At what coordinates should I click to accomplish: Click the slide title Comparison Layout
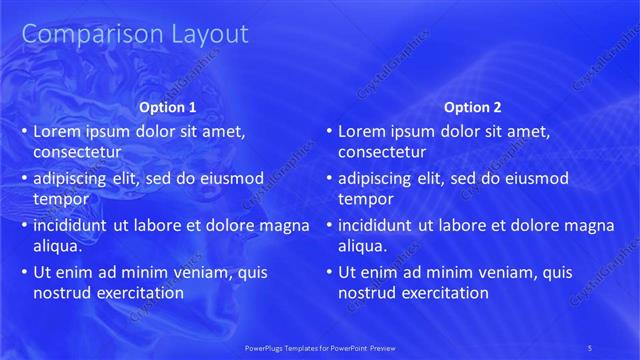point(135,34)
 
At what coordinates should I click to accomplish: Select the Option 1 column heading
point(166,107)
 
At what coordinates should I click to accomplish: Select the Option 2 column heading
point(472,107)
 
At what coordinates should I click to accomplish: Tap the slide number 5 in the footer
point(590,347)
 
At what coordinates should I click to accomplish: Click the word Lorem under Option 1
point(57,131)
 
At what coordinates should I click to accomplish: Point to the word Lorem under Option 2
point(362,131)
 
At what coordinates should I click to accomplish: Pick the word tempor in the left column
point(59,198)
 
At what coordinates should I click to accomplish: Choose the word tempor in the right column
point(364,198)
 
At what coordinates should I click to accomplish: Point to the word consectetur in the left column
point(78,152)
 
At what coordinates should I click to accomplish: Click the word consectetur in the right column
point(383,152)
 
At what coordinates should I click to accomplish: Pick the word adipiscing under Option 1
point(72,179)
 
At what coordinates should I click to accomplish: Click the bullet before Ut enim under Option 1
point(25,272)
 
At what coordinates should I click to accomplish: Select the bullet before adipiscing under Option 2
point(330,179)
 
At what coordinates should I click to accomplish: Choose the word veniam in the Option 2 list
point(487,272)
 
